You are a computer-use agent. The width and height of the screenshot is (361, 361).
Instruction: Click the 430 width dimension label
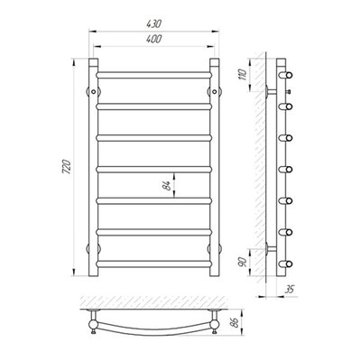(x=154, y=23)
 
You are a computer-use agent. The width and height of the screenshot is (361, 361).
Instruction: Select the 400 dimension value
(x=154, y=39)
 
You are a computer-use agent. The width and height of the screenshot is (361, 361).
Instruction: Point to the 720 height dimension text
(x=67, y=166)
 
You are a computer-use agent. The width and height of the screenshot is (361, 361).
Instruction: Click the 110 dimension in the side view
(x=243, y=74)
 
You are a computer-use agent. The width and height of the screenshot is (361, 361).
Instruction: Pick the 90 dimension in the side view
(x=243, y=262)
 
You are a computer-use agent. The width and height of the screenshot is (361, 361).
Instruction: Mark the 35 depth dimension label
(x=290, y=290)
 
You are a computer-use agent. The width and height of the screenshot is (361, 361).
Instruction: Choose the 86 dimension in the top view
(x=236, y=322)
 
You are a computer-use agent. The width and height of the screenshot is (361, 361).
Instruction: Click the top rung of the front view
(x=154, y=75)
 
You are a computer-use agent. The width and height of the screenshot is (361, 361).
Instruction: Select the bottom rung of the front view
(x=154, y=264)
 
